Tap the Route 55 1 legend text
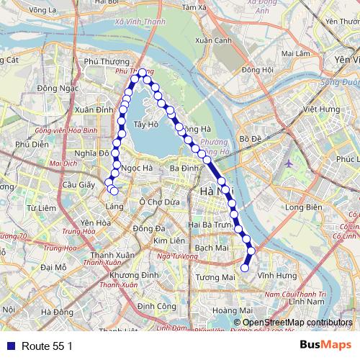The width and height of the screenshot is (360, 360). coord(48,346)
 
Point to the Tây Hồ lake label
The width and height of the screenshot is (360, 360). coord(146,125)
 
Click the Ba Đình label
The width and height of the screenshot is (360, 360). coord(185,168)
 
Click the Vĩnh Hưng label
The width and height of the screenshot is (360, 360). coord(271,275)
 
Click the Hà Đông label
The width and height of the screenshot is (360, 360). coord(57,312)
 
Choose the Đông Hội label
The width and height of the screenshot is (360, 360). coord(257,70)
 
